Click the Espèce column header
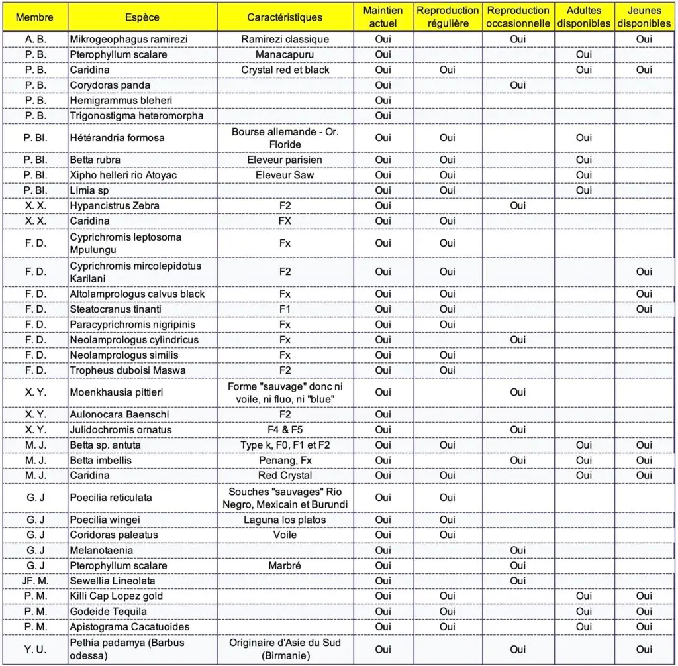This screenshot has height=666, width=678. [x=142, y=17]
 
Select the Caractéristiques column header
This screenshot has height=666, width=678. [x=285, y=17]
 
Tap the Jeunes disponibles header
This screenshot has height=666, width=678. [x=644, y=17]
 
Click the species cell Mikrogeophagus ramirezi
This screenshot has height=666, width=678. [x=128, y=39]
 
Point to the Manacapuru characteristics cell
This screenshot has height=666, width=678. [x=285, y=54]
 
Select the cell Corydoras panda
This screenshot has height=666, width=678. [x=110, y=85]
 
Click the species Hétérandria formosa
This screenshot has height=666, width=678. [x=117, y=138]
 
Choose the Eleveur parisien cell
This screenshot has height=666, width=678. [x=285, y=160]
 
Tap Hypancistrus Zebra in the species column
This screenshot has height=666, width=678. [x=115, y=205]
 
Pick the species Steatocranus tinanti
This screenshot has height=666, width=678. [x=116, y=309]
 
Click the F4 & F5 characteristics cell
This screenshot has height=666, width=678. [x=285, y=429]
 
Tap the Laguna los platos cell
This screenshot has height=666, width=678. [x=285, y=520]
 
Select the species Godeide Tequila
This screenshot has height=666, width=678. [x=109, y=611]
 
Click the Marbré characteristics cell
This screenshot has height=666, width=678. [x=285, y=565]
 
